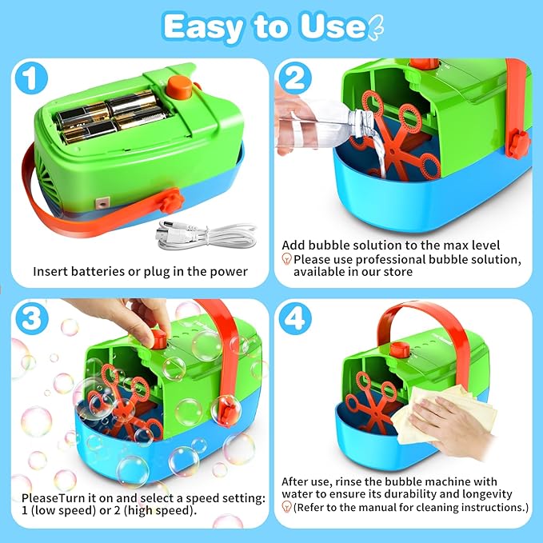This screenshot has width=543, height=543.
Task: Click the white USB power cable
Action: click(200, 234)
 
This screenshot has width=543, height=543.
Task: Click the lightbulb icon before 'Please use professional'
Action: click(286, 259)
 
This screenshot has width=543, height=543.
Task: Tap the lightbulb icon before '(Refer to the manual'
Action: click(286, 507)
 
